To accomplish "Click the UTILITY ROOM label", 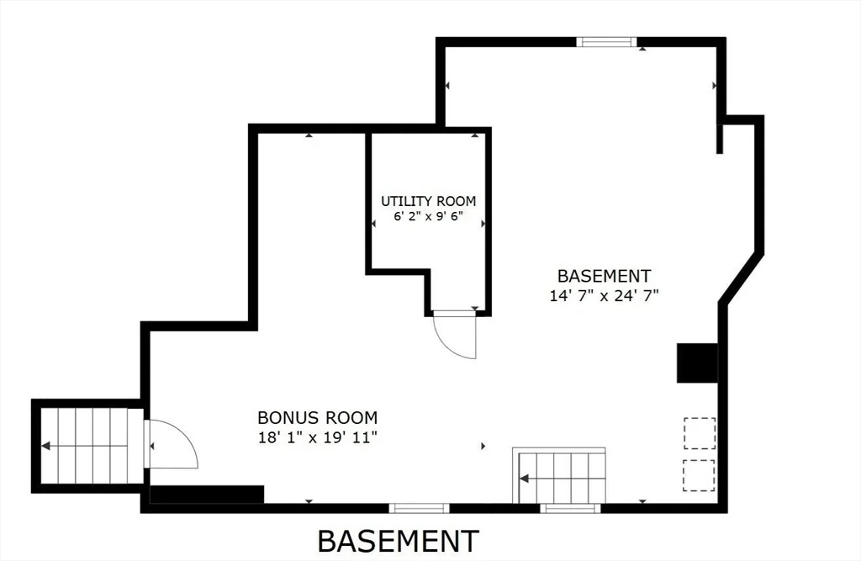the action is [x=428, y=201].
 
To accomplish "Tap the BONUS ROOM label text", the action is [x=317, y=417].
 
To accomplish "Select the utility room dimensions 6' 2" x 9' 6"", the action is [x=428, y=216].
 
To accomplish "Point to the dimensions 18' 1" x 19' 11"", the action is [x=317, y=438].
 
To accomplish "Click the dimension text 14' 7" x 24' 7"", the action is [x=604, y=295].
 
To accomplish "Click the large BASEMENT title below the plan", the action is [x=398, y=541].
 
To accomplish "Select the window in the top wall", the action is [x=606, y=42].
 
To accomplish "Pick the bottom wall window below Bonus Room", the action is [x=419, y=508].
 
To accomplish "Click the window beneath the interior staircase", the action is [x=569, y=508].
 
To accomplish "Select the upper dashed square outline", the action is [x=700, y=433].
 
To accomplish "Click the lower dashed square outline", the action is [x=699, y=475].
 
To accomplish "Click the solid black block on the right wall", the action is [x=697, y=363].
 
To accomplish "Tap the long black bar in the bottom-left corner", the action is [x=207, y=494].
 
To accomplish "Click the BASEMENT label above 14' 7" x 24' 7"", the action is [x=604, y=275].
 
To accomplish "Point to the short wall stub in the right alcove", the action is [x=720, y=139].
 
